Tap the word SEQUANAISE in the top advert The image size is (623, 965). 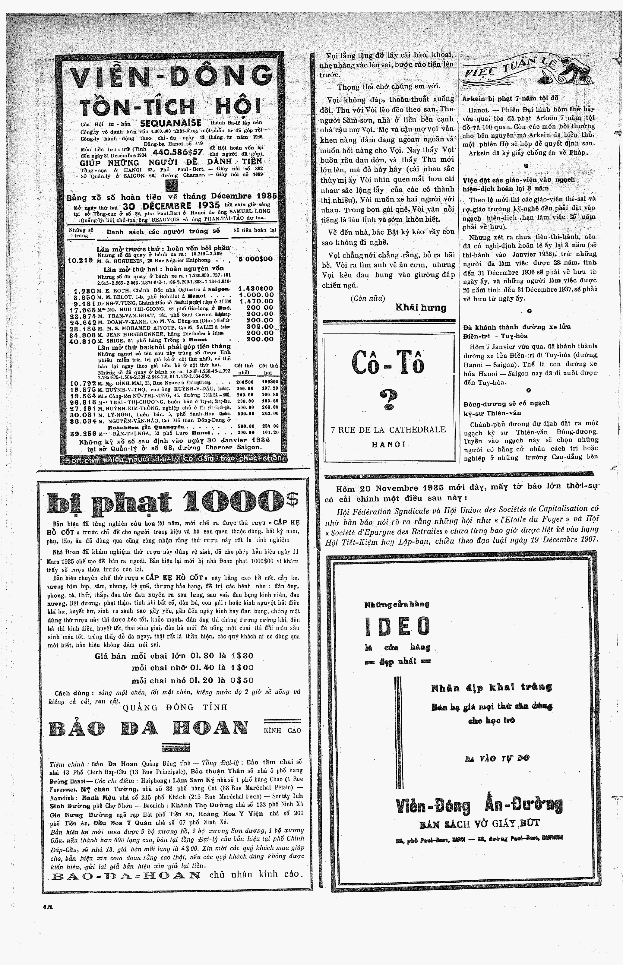pyautogui.click(x=170, y=123)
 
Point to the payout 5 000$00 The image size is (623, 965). pyautogui.click(x=255, y=259)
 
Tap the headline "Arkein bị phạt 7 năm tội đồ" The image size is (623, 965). pyautogui.click(x=510, y=98)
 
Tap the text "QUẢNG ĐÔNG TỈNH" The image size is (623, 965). pyautogui.click(x=175, y=707)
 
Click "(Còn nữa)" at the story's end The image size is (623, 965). pyautogui.click(x=367, y=299)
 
